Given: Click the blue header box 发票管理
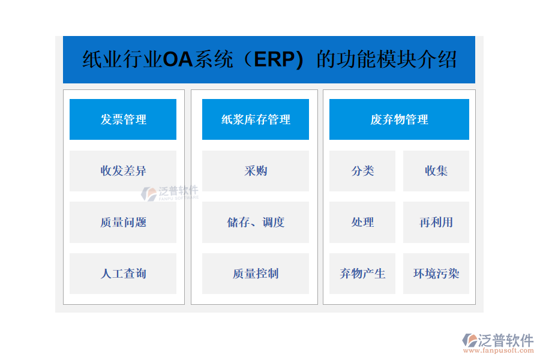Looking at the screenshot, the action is (123, 119).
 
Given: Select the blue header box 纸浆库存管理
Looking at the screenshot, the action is (256, 119).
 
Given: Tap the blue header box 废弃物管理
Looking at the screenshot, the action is (399, 119).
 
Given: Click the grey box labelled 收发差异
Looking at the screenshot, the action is (123, 171).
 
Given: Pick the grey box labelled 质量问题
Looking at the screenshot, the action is (123, 222).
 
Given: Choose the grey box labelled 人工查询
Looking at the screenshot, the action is (123, 274).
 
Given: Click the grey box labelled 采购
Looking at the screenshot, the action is (256, 171).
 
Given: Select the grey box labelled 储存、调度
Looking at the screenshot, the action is (256, 222).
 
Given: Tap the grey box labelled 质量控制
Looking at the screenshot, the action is (256, 274).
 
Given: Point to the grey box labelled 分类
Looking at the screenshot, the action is (362, 171).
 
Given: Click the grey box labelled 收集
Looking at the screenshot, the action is (436, 171).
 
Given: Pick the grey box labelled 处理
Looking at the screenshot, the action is (362, 222).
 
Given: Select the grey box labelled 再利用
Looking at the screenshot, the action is (436, 222).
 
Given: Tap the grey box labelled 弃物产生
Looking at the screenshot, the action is (362, 274).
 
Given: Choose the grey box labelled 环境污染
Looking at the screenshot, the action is (436, 274).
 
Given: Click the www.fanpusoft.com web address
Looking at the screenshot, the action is (499, 350).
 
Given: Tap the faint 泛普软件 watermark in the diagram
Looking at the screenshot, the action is (170, 193).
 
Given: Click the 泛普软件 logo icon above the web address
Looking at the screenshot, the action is (470, 340).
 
